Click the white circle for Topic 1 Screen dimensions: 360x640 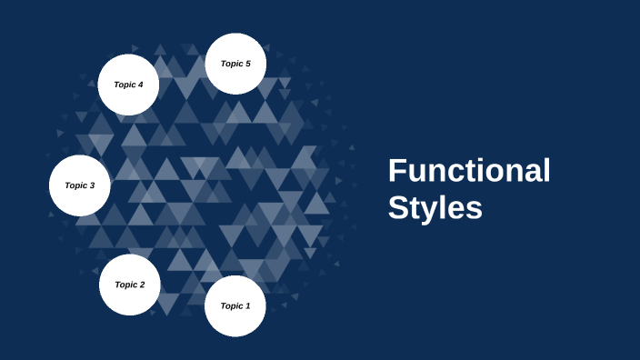pyautogui.click(x=235, y=306)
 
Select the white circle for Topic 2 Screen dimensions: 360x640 pyautogui.click(x=130, y=285)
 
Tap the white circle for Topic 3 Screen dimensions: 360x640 pyautogui.click(x=79, y=185)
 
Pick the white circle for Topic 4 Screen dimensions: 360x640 pyautogui.click(x=128, y=85)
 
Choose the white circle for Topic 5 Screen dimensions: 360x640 pyautogui.click(x=235, y=64)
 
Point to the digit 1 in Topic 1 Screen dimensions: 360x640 pyautogui.click(x=247, y=306)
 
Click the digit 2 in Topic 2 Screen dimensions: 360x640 pyautogui.click(x=142, y=285)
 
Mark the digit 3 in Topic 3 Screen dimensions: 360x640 pyautogui.click(x=92, y=185)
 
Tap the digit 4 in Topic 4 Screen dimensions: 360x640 pyautogui.click(x=140, y=85)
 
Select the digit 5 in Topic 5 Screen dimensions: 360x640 pyautogui.click(x=247, y=64)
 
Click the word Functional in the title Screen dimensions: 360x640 pyautogui.click(x=469, y=171)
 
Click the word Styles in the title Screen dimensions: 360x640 pyautogui.click(x=435, y=207)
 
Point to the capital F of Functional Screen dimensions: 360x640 pyautogui.click(x=397, y=171)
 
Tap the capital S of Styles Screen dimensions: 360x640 pyautogui.click(x=398, y=207)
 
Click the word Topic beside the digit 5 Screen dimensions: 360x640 pyautogui.click(x=230, y=64)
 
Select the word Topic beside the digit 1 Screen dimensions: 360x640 pyautogui.click(x=230, y=306)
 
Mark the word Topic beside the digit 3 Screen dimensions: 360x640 pyautogui.click(x=75, y=185)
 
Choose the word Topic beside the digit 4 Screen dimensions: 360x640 pyautogui.click(x=123, y=85)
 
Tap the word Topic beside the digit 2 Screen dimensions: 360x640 pyautogui.click(x=125, y=285)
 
